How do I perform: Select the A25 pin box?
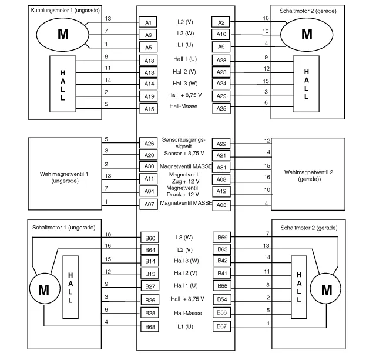tap(221, 108)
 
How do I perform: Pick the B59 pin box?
tap(222, 238)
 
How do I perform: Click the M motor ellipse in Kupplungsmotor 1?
tap(63, 34)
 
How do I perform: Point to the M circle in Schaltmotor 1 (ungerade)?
tap(43, 289)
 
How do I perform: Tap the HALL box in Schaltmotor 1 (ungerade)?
tap(70, 287)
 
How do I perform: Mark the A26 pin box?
tap(149, 144)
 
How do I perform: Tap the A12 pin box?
tap(221, 191)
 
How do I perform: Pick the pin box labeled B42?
tap(222, 260)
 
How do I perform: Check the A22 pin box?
tap(221, 144)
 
